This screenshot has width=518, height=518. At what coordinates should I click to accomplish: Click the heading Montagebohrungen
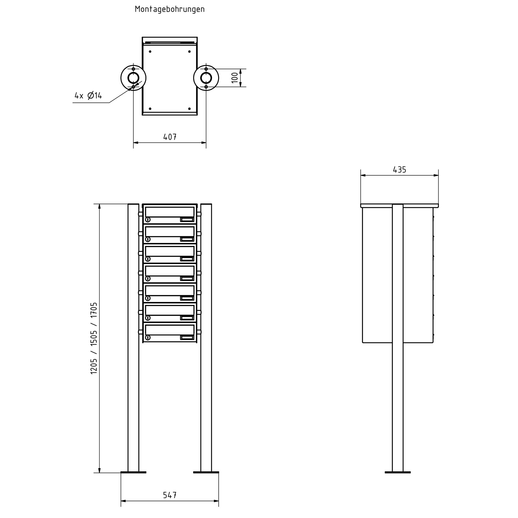tap(170, 9)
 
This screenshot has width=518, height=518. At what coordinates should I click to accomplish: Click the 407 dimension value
tap(170, 137)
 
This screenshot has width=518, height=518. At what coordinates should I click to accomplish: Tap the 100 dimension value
tap(235, 78)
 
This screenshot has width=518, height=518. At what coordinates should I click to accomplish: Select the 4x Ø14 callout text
tap(88, 95)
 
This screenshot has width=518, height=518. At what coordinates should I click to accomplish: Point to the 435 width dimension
tap(399, 170)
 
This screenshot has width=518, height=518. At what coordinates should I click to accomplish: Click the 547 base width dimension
tap(170, 495)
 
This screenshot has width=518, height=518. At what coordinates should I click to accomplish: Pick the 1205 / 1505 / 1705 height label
tap(94, 338)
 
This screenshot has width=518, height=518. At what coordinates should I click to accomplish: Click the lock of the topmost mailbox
tap(148, 220)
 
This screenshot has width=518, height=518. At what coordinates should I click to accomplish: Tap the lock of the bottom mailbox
tap(148, 338)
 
